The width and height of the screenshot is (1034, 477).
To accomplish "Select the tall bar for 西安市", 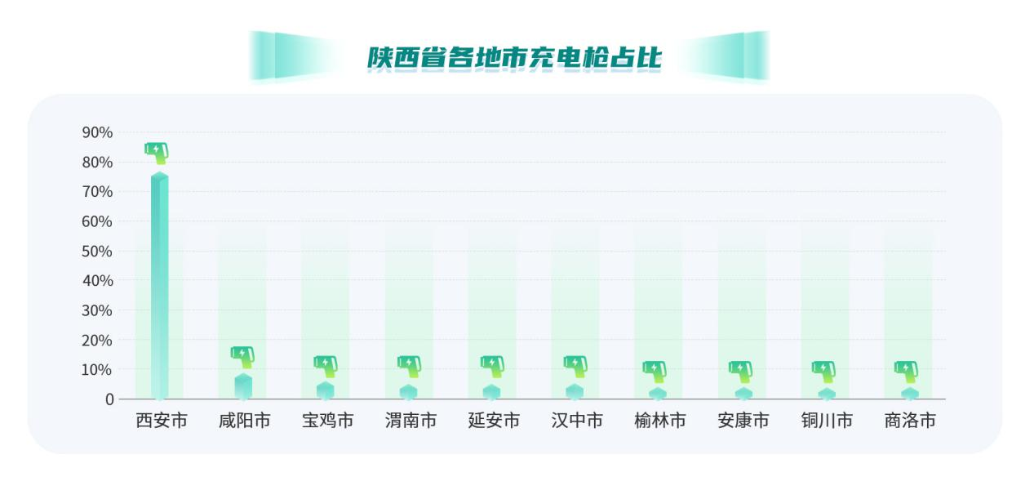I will click(159, 286).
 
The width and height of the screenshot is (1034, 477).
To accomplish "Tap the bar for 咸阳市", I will click(243, 386).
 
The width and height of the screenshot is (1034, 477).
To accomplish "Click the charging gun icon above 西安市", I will click(157, 151).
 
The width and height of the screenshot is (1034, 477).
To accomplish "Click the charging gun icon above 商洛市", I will click(907, 370).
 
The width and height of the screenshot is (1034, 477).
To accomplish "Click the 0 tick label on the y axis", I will click(109, 399).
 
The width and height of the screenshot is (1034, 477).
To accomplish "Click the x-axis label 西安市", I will click(161, 421).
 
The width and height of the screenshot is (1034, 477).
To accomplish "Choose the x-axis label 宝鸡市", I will click(327, 421).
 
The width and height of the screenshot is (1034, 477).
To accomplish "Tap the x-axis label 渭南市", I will click(410, 421).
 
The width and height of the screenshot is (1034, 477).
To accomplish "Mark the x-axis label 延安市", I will click(494, 421).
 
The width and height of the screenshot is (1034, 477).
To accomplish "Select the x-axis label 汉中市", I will click(577, 421).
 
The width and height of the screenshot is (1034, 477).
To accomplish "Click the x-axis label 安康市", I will click(743, 421).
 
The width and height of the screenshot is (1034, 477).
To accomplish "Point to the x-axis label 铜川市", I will click(827, 421).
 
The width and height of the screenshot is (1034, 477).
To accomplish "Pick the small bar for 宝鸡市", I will click(326, 390).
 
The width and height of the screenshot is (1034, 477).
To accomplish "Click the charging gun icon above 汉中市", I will click(575, 365).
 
